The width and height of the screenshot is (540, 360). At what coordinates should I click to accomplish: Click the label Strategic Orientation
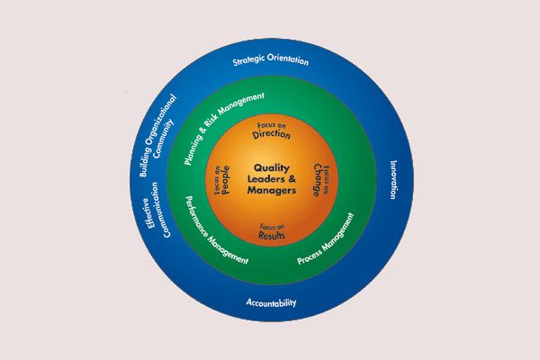pos(270,62)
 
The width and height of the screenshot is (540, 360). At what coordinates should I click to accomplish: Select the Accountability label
pos(271,302)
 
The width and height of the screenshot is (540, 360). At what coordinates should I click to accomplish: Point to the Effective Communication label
pos(157,209)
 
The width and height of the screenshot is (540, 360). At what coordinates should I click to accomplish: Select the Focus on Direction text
pos(271,130)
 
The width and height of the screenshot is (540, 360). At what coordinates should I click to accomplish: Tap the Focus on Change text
pos(321,180)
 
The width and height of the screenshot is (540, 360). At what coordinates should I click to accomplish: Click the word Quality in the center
pos(271,167)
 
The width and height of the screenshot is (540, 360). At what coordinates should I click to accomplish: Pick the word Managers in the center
pos(271,191)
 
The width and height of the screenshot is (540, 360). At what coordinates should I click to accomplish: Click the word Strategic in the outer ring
pos(248,63)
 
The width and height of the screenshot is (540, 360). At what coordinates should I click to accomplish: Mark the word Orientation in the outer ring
pos(289,62)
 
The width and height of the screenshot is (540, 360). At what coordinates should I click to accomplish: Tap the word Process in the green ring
pos(311,254)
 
